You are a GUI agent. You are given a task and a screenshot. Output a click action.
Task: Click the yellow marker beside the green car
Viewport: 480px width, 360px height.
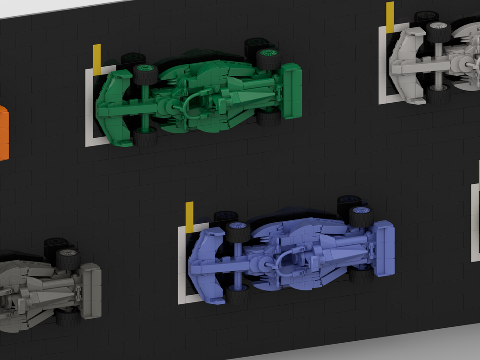[97, 60]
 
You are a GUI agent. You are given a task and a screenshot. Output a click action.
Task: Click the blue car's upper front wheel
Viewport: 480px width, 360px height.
[238, 231]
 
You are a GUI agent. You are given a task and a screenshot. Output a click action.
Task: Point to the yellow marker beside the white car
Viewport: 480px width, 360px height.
[390, 17]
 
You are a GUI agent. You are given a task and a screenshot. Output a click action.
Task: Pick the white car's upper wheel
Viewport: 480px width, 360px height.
[438, 32]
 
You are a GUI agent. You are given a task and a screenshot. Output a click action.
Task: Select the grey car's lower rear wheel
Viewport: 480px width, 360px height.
[68, 317]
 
